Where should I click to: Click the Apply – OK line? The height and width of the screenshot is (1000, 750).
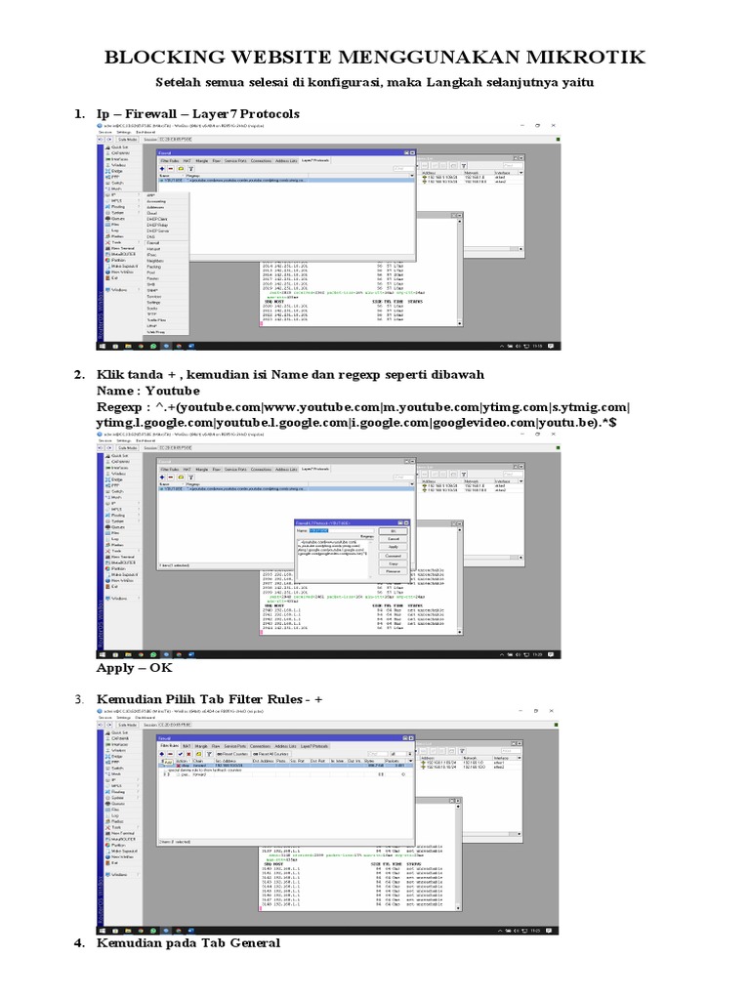[x=134, y=669]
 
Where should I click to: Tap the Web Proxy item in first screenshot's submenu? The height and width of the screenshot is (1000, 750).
[x=157, y=331]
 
